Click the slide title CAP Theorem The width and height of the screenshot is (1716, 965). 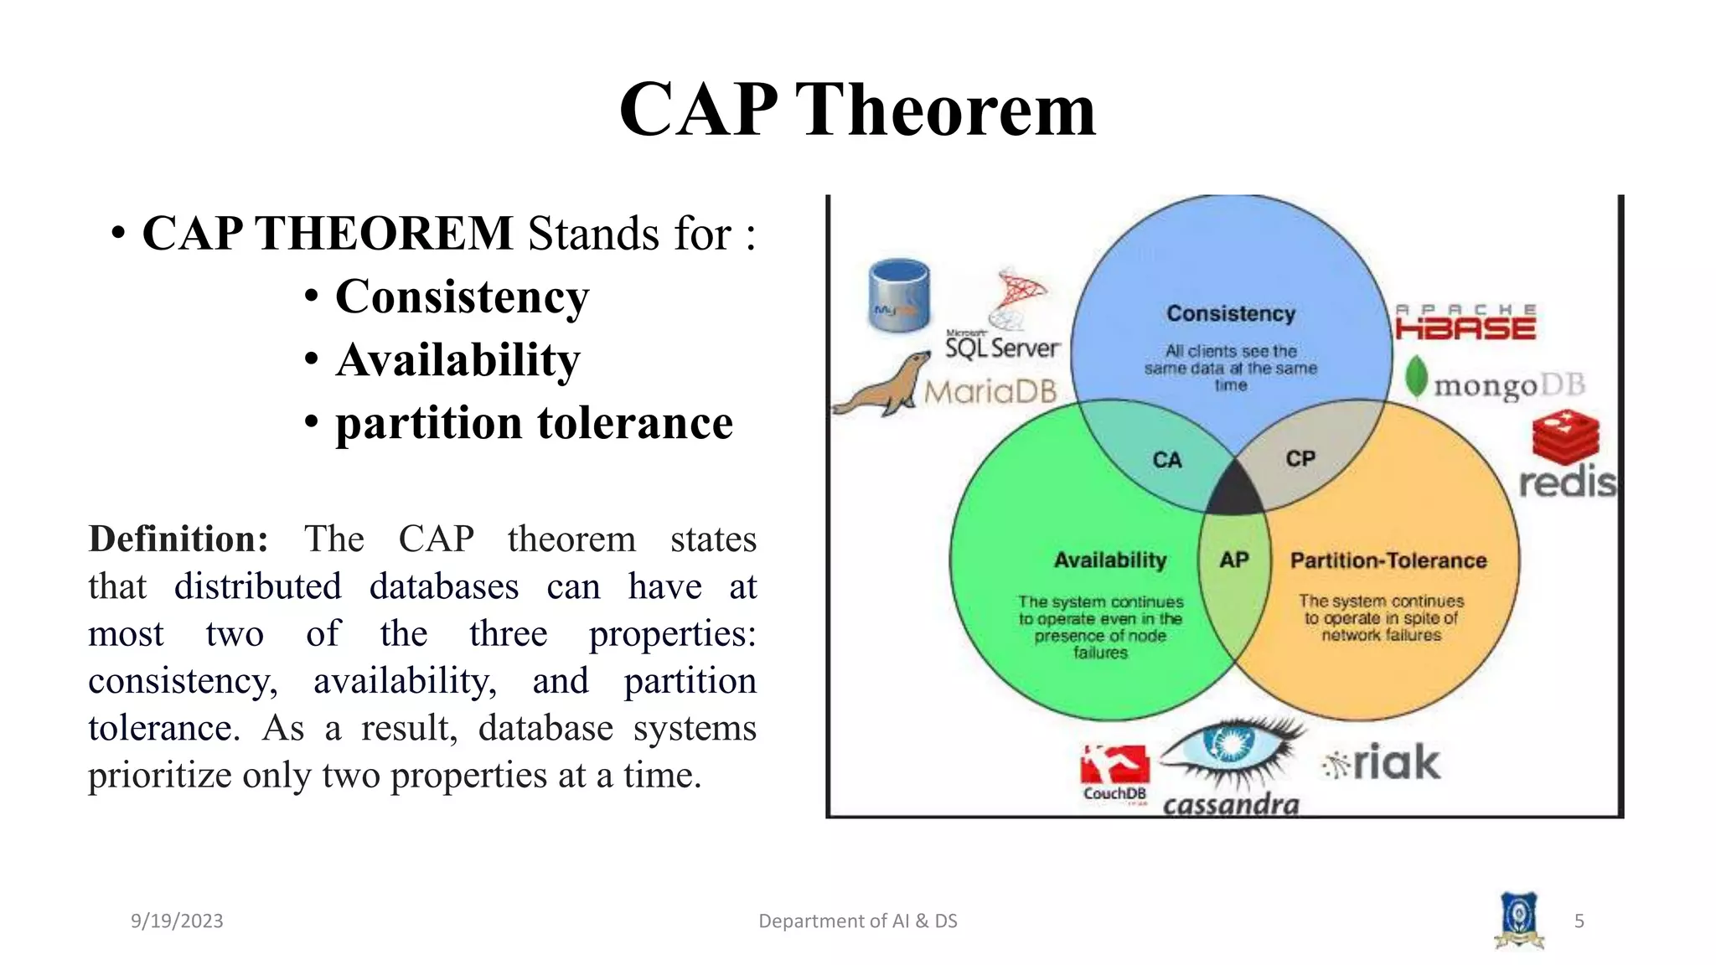[x=857, y=110]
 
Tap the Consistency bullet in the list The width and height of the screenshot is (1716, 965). [x=462, y=297]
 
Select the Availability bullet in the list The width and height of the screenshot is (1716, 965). [x=457, y=360]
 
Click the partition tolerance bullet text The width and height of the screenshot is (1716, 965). [x=534, y=423]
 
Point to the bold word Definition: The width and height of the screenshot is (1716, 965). [x=178, y=539]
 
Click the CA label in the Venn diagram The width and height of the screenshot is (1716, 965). [x=1166, y=460]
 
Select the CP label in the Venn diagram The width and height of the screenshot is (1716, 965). [x=1300, y=459]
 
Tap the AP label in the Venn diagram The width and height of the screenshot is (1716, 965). [x=1234, y=560]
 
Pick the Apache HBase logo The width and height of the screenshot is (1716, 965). [x=1465, y=323]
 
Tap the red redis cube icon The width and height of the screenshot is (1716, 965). [x=1564, y=436]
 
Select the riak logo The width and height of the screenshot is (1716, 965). [x=1383, y=762]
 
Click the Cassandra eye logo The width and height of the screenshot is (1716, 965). [x=1230, y=746]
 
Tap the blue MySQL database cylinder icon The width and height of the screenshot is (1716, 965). [x=899, y=296]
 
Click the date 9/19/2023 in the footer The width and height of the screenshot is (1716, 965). [x=177, y=921]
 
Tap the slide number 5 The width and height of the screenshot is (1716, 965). [x=1579, y=921]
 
